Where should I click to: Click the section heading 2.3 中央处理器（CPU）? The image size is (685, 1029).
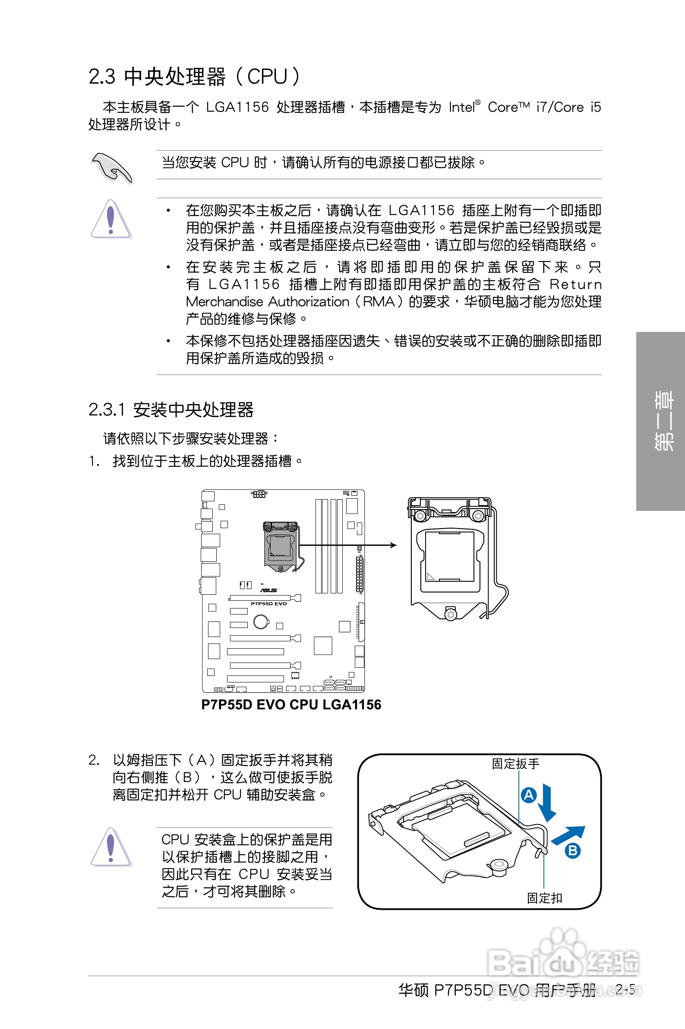[x=194, y=76]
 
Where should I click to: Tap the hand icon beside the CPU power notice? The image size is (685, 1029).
[x=111, y=168]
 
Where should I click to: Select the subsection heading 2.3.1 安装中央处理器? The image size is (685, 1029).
[x=171, y=410]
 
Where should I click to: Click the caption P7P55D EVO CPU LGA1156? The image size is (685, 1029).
[x=291, y=704]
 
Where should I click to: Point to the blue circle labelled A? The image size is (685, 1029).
[x=529, y=795]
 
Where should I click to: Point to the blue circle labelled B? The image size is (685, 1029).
[x=573, y=851]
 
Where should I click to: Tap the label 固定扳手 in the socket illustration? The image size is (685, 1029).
[x=515, y=764]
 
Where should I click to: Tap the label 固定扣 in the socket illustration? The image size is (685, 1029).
[x=544, y=898]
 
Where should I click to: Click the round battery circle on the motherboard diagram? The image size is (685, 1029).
[x=261, y=621]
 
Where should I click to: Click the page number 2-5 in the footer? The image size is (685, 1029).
[x=625, y=989]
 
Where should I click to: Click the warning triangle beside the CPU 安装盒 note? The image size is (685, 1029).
[x=110, y=847]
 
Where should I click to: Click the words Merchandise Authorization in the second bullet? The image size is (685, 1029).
[x=267, y=302]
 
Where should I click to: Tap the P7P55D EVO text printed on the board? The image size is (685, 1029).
[x=268, y=603]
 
